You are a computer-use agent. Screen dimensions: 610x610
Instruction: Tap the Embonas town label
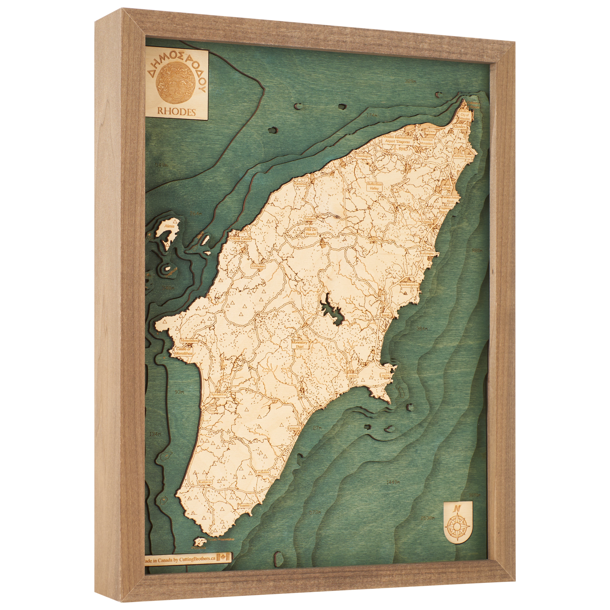tap(258, 266)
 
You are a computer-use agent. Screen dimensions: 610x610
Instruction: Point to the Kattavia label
tap(205, 491)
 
